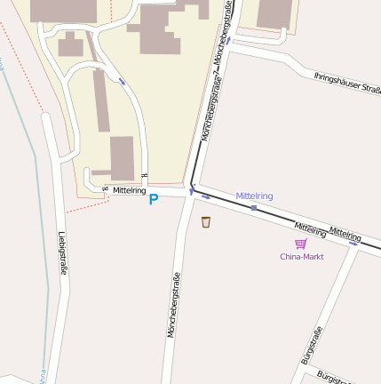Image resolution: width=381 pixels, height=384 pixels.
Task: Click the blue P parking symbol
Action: click(x=153, y=199)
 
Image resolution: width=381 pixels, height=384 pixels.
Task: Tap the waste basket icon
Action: click(x=206, y=221)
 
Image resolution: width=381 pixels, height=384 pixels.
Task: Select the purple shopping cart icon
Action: click(x=301, y=244)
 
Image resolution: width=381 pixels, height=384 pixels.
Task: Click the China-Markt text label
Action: click(x=302, y=257)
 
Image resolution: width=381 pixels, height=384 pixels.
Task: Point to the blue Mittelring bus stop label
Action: click(x=254, y=196)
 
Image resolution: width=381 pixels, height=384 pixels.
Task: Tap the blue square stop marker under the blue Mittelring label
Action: click(x=254, y=208)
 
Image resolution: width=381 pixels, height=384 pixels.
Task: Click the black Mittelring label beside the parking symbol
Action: click(x=129, y=190)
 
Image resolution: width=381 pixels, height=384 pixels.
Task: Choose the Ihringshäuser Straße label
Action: click(x=347, y=83)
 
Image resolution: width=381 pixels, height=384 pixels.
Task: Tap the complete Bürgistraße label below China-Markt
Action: click(x=311, y=348)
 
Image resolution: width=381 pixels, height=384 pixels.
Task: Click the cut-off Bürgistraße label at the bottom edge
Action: click(x=331, y=377)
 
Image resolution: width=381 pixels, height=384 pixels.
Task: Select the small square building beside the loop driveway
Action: click(x=70, y=44)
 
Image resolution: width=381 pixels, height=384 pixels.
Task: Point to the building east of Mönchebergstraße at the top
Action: click(x=274, y=13)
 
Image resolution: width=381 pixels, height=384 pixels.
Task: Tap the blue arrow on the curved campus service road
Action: click(x=122, y=82)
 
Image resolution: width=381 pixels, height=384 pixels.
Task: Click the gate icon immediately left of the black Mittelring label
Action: click(x=105, y=188)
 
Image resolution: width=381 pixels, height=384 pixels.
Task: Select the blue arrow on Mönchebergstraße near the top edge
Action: click(x=229, y=41)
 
